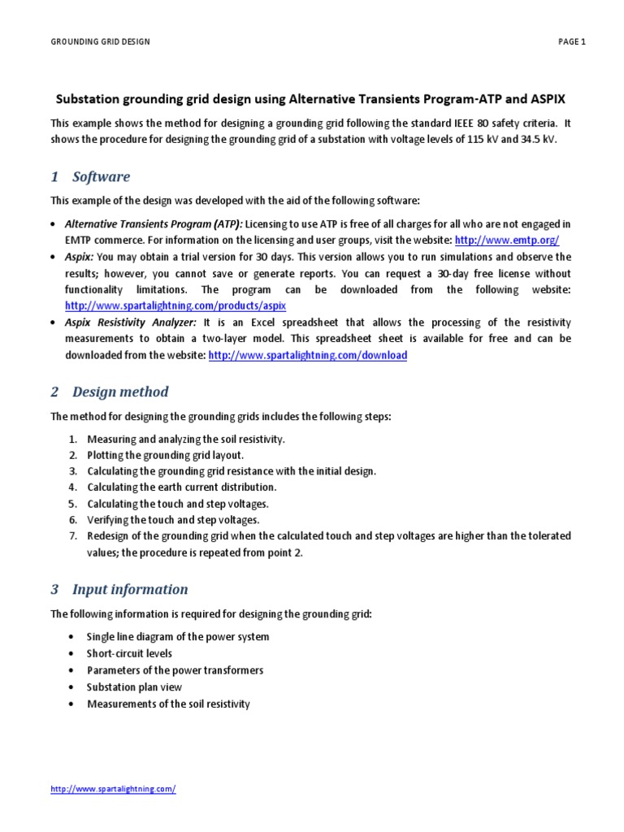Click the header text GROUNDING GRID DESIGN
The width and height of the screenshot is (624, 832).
coord(100,42)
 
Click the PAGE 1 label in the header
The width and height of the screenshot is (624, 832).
coord(572,42)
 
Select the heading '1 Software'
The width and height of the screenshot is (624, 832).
coord(90,177)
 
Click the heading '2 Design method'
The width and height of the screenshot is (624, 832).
coord(110,392)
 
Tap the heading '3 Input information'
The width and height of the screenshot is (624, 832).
coord(119,589)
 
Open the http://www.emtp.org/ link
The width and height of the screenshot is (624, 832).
coord(507,240)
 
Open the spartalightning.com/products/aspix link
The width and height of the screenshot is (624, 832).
coord(175,306)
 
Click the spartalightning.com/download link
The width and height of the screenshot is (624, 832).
coord(308,355)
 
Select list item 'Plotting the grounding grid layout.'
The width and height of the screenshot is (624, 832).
coord(165,455)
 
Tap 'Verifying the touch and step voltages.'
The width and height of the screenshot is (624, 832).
coord(173,519)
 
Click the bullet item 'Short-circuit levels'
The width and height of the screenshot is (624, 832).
coord(129,653)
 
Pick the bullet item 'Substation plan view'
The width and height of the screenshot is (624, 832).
coord(134,687)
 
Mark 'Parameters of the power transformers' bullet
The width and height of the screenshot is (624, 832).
coord(175,670)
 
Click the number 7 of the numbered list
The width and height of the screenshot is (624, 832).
coord(71,535)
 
